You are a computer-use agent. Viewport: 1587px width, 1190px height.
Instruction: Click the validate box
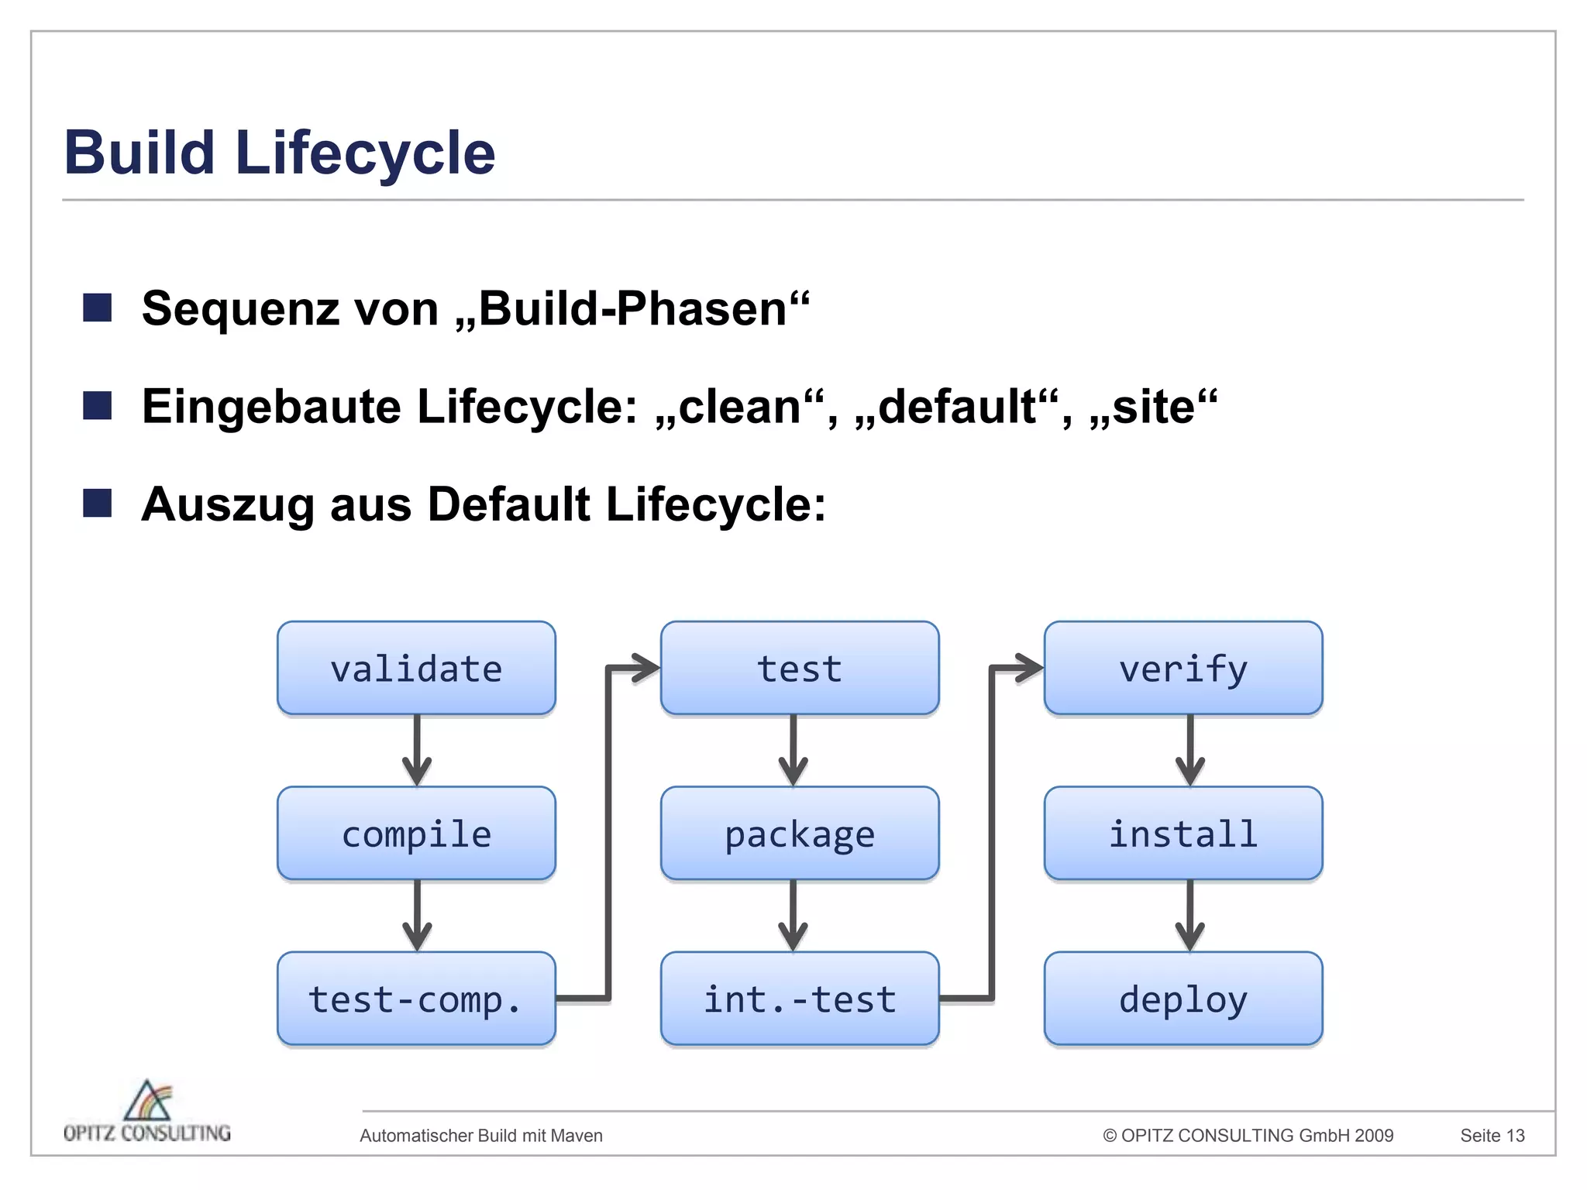(416, 668)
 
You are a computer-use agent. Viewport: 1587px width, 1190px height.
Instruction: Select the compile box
(416, 834)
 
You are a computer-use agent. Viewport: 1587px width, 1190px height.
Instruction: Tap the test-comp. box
(416, 999)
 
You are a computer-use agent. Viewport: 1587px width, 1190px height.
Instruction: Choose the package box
(799, 834)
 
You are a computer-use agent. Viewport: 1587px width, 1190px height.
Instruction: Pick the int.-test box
(799, 999)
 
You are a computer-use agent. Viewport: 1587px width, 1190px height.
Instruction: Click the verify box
(1183, 668)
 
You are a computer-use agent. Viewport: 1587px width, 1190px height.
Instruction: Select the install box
(1183, 834)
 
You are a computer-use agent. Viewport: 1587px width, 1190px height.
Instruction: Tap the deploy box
(1183, 999)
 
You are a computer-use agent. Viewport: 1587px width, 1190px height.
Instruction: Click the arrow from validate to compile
(417, 750)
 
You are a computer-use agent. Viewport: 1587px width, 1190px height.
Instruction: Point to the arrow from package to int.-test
(793, 916)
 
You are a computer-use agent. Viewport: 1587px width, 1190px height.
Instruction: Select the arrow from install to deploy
(1189, 916)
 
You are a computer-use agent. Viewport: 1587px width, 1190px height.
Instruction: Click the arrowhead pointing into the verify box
(1029, 668)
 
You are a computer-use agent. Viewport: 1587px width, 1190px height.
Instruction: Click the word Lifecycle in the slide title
(364, 153)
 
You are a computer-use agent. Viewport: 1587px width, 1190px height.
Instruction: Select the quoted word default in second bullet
(957, 407)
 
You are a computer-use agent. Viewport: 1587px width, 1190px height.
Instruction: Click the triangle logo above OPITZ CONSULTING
(148, 1100)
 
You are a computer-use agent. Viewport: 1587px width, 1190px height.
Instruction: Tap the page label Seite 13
(1492, 1136)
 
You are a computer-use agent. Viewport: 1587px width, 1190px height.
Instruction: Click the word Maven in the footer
(577, 1136)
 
